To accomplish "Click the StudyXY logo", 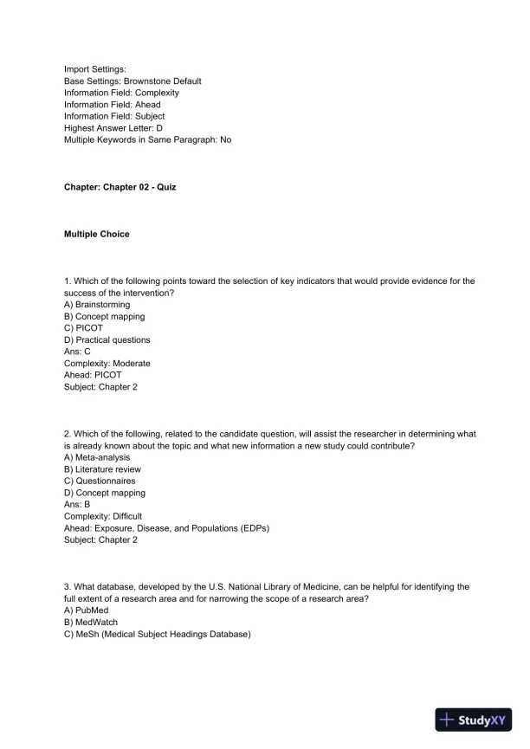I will click(475, 720).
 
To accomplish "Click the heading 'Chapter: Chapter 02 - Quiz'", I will click(120, 187).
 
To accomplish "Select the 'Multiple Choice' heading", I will click(97, 234).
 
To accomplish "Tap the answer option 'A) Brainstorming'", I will click(97, 305).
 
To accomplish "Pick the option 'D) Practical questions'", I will click(107, 340).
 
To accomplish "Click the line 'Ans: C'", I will click(77, 352).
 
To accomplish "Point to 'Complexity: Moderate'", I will click(107, 364).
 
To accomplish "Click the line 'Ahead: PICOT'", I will click(93, 376).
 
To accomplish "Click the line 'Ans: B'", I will click(77, 505).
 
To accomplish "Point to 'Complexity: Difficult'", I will click(103, 516).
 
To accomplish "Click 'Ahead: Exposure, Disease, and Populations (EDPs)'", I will click(166, 528).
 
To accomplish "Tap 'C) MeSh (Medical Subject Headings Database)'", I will click(157, 634).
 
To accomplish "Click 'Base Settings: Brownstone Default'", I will click(132, 81).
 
